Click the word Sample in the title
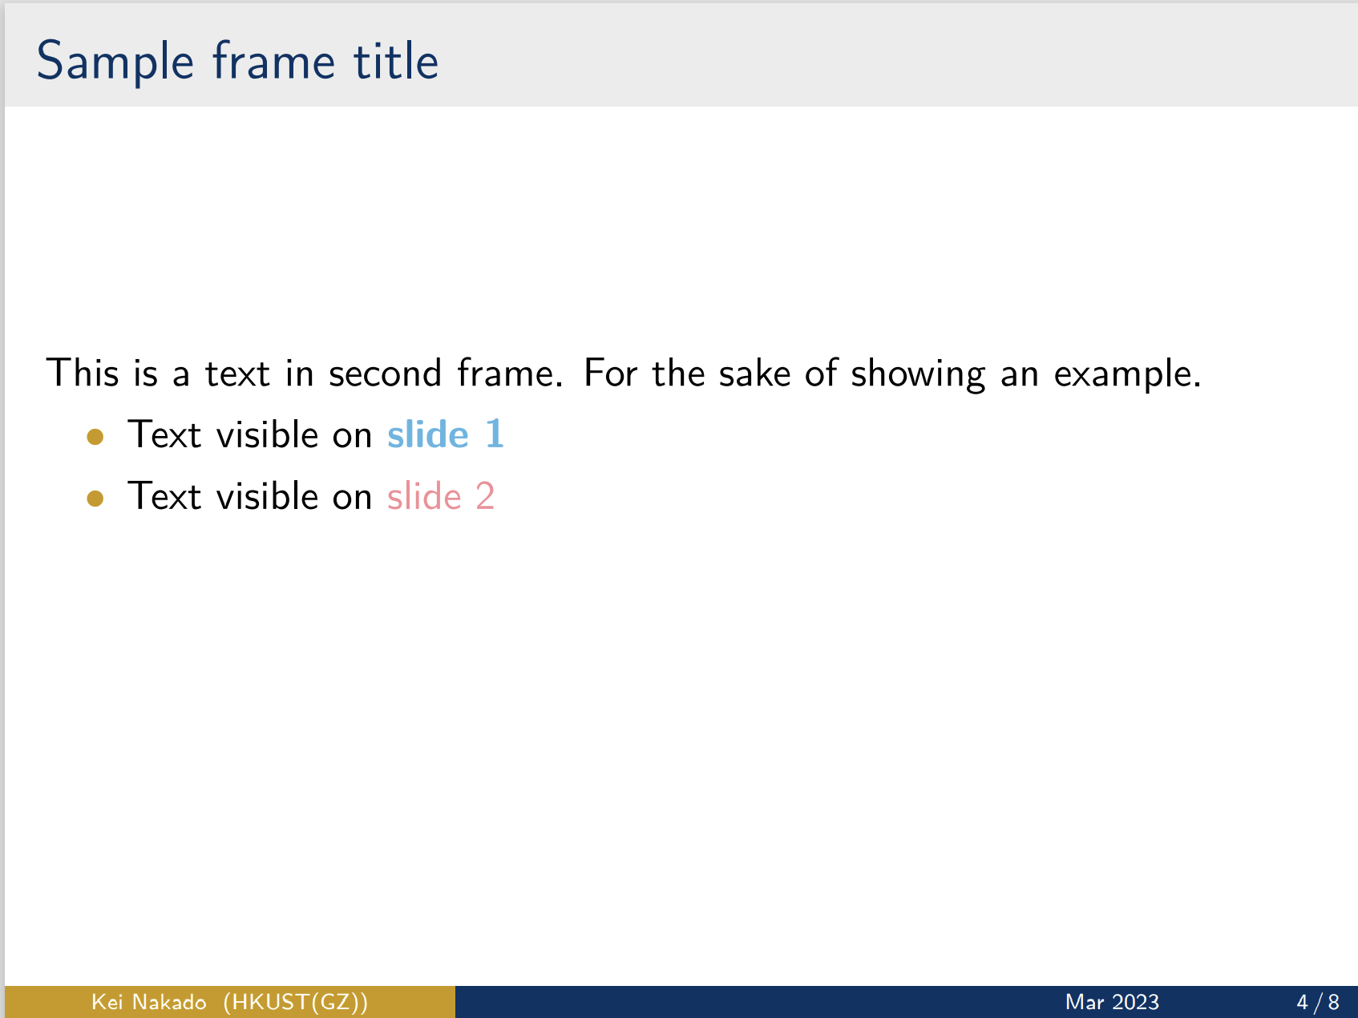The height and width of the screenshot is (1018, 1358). [x=115, y=62]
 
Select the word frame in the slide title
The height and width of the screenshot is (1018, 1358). [x=273, y=62]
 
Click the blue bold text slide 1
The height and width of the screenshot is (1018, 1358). [x=445, y=434]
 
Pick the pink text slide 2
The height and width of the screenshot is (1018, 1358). [x=440, y=496]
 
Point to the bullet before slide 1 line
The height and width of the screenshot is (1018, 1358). [x=95, y=437]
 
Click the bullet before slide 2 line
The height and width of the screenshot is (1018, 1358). [x=95, y=499]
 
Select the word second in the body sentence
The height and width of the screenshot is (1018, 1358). [x=385, y=374]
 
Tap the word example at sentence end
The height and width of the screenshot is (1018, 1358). [x=1126, y=374]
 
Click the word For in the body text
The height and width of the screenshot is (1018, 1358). [x=609, y=374]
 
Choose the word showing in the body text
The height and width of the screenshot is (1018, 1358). [x=917, y=374]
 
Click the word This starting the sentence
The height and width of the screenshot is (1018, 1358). [x=82, y=374]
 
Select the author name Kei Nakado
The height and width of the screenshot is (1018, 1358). [x=148, y=1002]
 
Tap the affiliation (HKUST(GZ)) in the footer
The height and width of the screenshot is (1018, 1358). [x=295, y=1002]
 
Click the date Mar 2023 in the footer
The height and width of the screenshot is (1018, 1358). [x=1112, y=1002]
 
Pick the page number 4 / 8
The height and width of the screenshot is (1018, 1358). [x=1318, y=1002]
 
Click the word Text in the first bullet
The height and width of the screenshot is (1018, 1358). [x=164, y=434]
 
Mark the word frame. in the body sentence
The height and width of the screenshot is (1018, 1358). [x=510, y=374]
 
